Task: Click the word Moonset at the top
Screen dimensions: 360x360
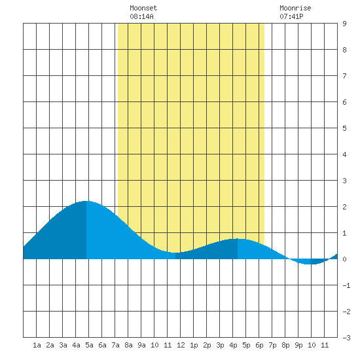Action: click(143, 8)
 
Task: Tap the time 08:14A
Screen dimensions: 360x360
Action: click(141, 16)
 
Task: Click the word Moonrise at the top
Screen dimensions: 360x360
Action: click(295, 8)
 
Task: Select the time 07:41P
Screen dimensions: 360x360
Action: click(291, 16)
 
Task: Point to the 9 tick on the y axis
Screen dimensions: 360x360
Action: click(344, 24)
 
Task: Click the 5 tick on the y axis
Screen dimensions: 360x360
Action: click(344, 128)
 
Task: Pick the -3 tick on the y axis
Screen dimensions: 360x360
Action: click(346, 338)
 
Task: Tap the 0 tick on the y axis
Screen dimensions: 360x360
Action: click(344, 259)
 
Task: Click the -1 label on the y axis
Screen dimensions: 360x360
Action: click(346, 285)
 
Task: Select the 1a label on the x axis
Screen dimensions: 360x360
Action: click(37, 345)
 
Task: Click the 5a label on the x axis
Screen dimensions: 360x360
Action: click(89, 345)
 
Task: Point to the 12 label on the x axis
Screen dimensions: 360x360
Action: click(181, 345)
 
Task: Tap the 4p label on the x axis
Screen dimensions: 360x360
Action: click(233, 345)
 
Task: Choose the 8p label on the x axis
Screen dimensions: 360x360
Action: click(285, 345)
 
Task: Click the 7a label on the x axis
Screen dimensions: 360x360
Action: click(115, 345)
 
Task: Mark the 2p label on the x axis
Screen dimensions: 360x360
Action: click(207, 345)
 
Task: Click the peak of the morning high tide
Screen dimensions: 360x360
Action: click(86, 201)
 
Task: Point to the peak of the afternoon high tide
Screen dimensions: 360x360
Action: click(238, 239)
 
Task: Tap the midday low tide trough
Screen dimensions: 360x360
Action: click(175, 253)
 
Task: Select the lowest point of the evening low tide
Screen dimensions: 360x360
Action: click(310, 264)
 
